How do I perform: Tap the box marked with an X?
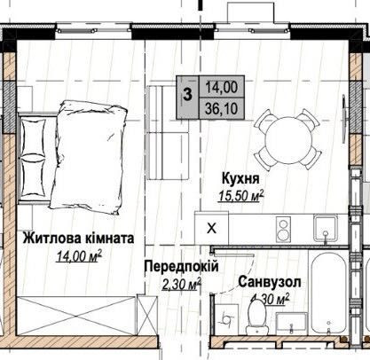[210, 227]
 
